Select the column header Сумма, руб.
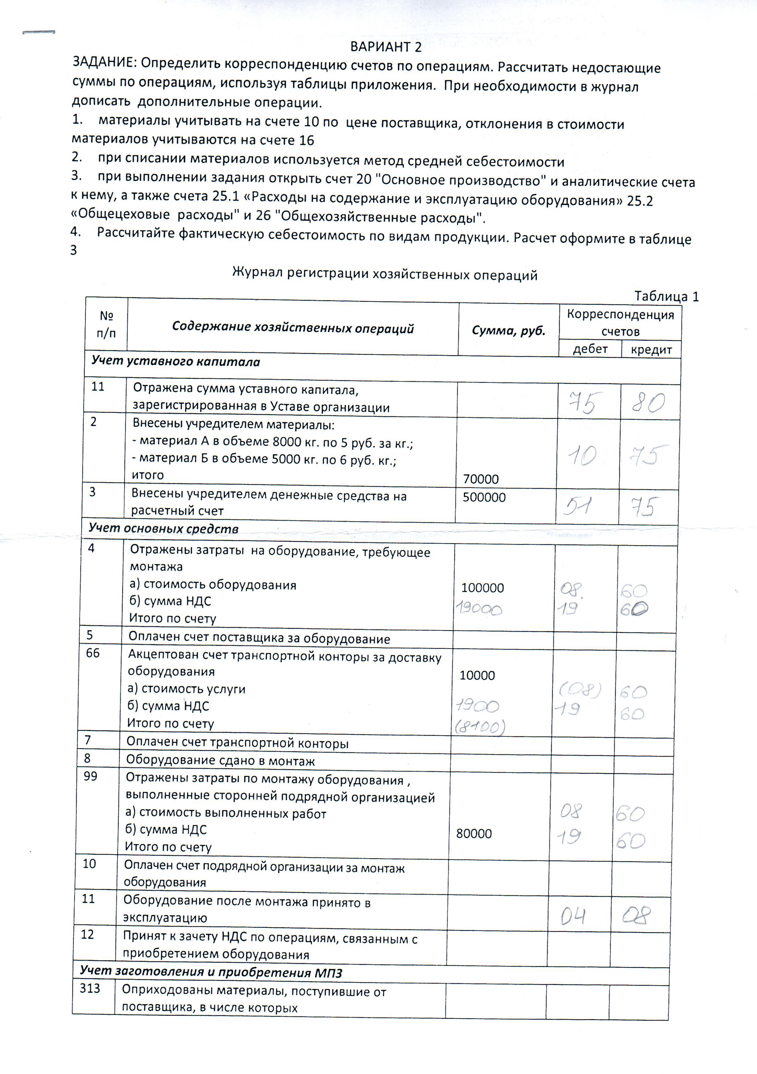point(509,331)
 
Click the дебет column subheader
point(590,349)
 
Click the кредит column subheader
point(651,350)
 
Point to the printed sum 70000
point(481,479)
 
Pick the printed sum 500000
point(484,497)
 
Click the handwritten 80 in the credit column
point(649,403)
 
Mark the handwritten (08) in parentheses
point(580,690)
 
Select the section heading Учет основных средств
point(164,529)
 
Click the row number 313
point(90,988)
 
